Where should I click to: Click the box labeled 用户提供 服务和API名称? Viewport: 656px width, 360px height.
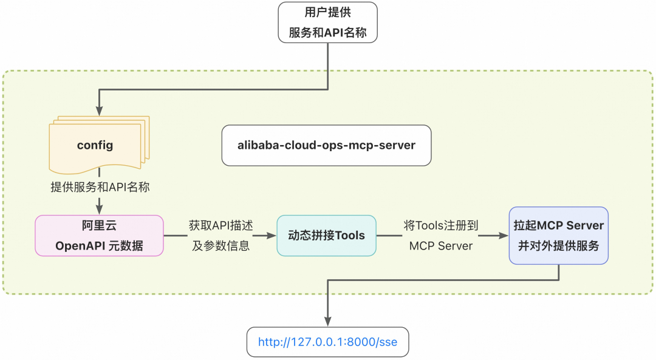coord(327,22)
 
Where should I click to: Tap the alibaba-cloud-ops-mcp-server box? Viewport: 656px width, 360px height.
coord(326,145)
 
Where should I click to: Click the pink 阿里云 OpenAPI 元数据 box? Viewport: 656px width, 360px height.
coord(99,236)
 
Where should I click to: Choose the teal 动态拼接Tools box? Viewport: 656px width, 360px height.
coord(326,235)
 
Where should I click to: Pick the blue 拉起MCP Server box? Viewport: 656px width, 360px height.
coord(558,236)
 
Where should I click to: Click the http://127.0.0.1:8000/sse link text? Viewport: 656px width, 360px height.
coord(327,342)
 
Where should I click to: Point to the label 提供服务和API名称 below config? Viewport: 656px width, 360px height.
coord(100,188)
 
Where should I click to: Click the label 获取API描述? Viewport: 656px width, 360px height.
coord(220,225)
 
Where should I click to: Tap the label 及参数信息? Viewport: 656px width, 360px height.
coord(220,246)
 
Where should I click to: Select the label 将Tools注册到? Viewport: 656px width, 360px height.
coord(441,225)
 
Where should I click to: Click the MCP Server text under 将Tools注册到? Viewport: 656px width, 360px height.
coord(441,246)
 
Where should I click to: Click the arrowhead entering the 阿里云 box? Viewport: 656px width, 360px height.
coord(99,209)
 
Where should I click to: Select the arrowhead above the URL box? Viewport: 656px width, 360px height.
coord(328,321)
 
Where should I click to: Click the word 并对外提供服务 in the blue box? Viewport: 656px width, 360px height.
coord(558,246)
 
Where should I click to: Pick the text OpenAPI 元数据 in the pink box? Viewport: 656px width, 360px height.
coord(99,246)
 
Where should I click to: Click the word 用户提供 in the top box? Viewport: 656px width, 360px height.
coord(327,13)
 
